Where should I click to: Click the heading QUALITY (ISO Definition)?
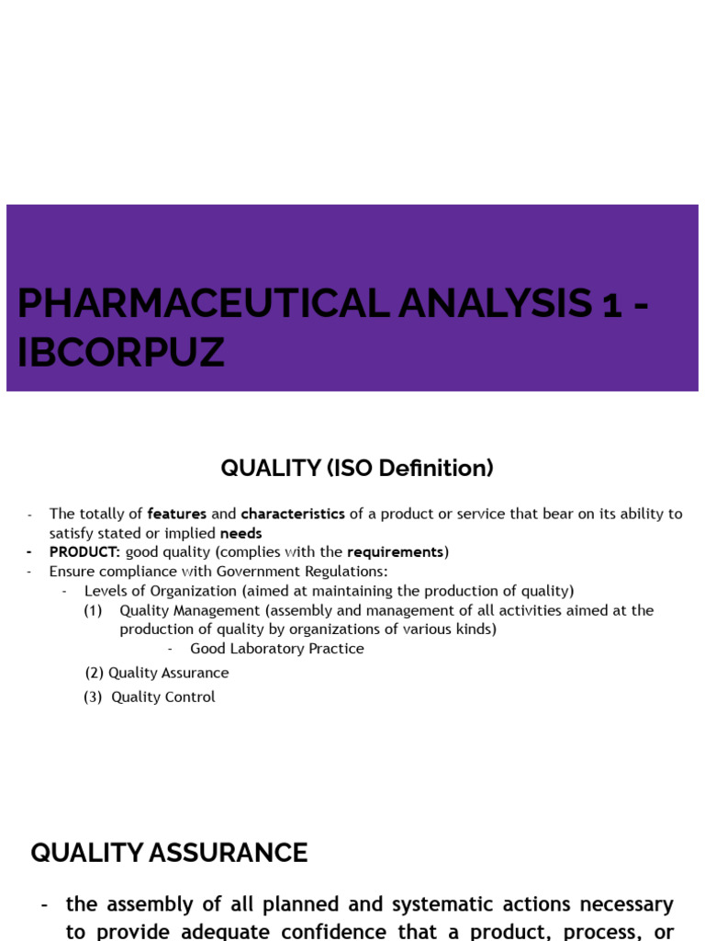click(x=357, y=468)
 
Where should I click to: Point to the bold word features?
click(x=177, y=514)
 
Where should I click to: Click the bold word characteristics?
click(x=293, y=514)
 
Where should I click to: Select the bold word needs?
click(x=241, y=533)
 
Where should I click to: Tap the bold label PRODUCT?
click(x=84, y=552)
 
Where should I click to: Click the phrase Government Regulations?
click(x=300, y=572)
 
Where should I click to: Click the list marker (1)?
click(x=93, y=610)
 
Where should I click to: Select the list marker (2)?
click(x=94, y=673)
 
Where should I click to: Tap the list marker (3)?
click(x=93, y=697)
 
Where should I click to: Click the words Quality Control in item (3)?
click(x=163, y=697)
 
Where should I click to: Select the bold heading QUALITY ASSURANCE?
click(x=169, y=853)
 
